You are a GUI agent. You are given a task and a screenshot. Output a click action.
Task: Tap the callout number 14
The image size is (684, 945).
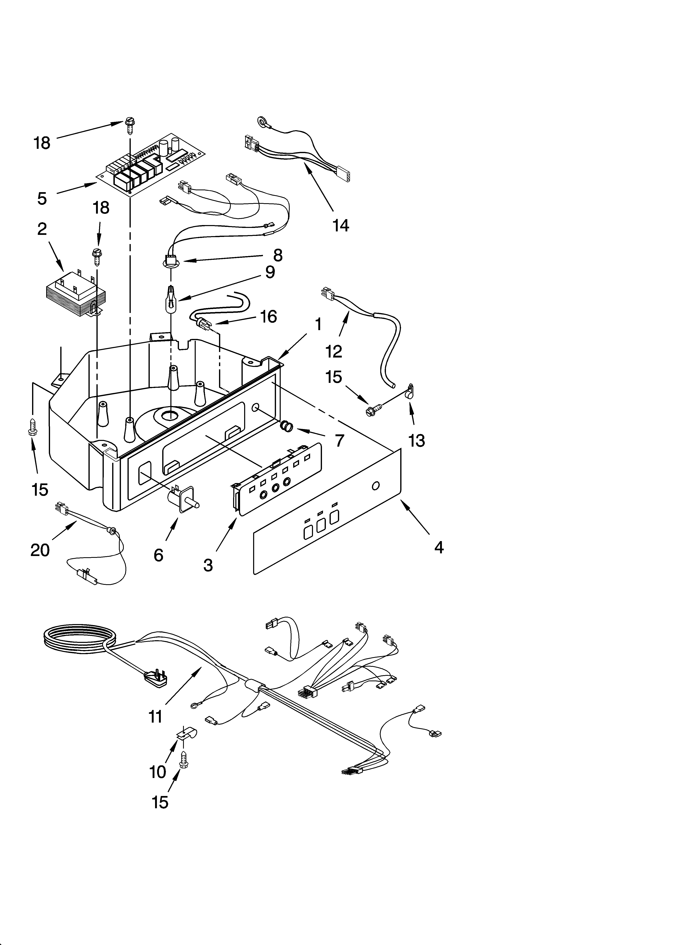click(x=340, y=225)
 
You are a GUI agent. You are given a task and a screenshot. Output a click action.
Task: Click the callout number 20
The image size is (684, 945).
click(x=40, y=550)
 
